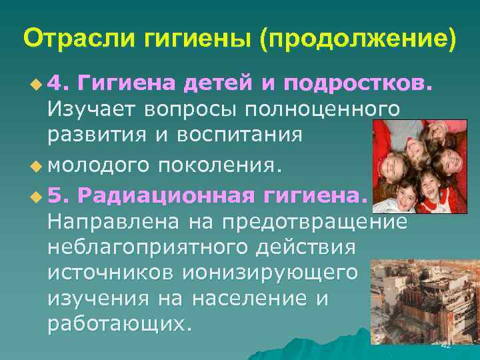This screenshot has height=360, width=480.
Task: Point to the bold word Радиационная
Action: click(166, 195)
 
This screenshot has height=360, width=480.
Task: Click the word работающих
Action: click(119, 323)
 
